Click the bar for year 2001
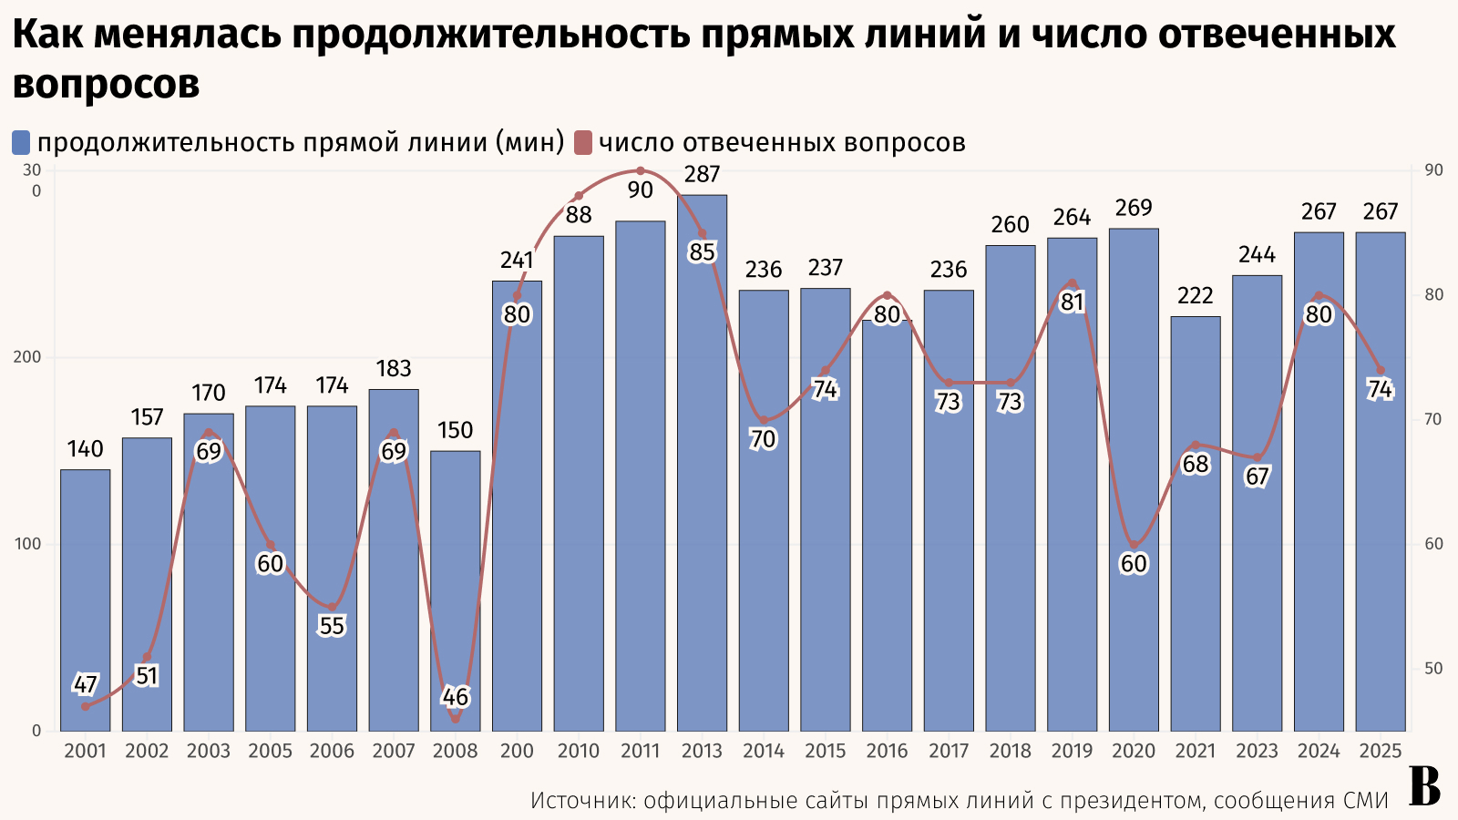click(86, 600)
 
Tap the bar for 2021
click(1195, 524)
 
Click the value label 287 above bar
click(702, 174)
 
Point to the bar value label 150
click(455, 430)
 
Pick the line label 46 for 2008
click(455, 697)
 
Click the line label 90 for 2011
click(640, 190)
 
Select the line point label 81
click(1072, 302)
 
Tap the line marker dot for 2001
click(86, 706)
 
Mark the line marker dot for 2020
click(1134, 545)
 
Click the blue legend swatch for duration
click(21, 143)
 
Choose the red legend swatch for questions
click(583, 143)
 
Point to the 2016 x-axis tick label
click(887, 751)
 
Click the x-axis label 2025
click(1380, 751)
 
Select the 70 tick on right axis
click(1433, 419)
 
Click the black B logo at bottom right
click(1424, 786)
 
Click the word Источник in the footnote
click(581, 801)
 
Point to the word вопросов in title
click(106, 84)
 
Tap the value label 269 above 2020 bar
click(1134, 208)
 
